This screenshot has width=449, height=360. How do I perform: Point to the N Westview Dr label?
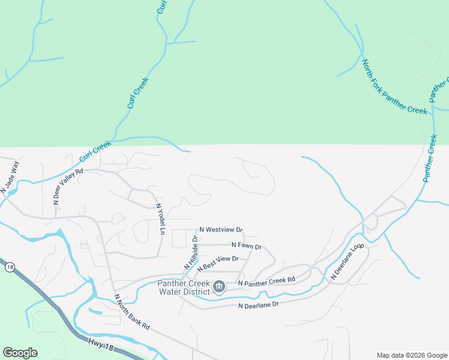(x=221, y=229)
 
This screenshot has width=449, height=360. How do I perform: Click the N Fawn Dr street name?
(x=246, y=246)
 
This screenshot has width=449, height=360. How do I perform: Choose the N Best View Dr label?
(x=218, y=263)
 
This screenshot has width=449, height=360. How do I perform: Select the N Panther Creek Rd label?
(x=267, y=281)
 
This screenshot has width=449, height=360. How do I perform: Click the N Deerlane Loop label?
(x=348, y=262)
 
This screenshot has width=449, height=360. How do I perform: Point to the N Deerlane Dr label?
(x=259, y=305)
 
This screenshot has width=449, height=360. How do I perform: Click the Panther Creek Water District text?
(x=184, y=287)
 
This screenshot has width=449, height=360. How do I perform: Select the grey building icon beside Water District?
(x=219, y=287)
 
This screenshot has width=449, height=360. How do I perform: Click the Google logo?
(x=20, y=353)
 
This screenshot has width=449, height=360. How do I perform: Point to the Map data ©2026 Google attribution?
(x=412, y=355)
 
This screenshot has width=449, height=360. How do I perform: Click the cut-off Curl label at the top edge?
(x=161, y=7)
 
